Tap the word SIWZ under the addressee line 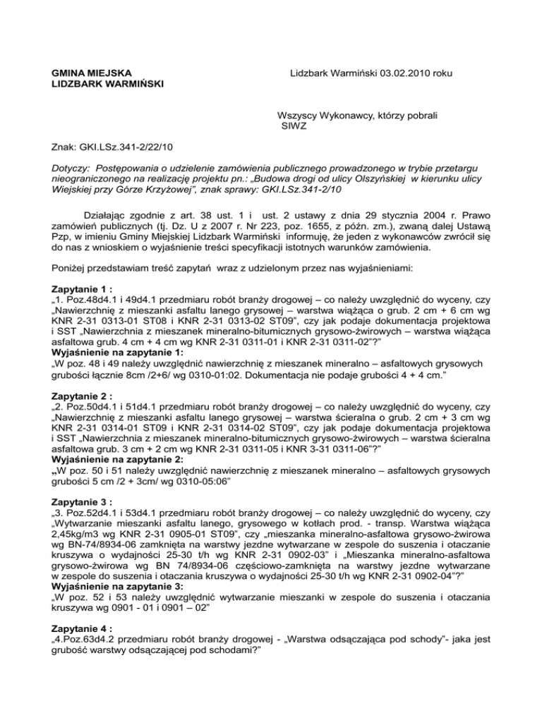(295, 128)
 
